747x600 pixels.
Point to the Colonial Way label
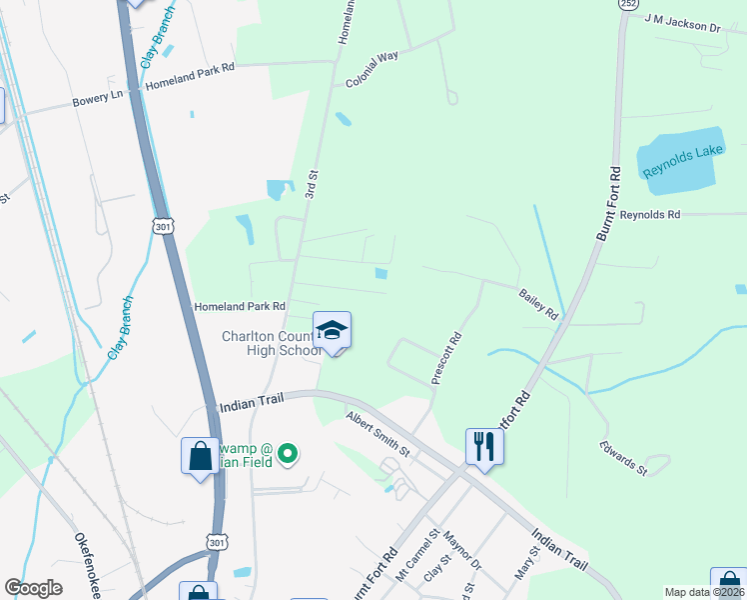[373, 70]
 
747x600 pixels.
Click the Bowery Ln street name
[96, 101]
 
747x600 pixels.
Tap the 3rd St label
[312, 187]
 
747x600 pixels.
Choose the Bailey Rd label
[537, 304]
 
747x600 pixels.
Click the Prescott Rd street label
[445, 358]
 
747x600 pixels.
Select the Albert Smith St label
[377, 433]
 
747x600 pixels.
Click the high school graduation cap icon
[332, 329]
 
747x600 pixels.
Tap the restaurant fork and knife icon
[484, 444]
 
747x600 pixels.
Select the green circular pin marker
[288, 455]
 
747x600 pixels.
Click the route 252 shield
[626, 5]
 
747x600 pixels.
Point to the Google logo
[34, 588]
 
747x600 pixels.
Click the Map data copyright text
[705, 592]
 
